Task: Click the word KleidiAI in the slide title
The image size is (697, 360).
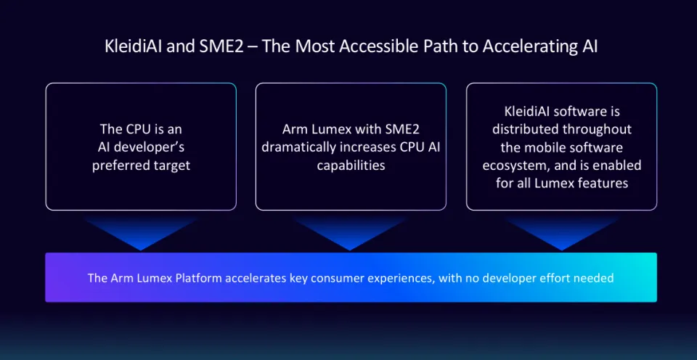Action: pyautogui.click(x=133, y=46)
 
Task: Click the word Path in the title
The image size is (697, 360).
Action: pyautogui.click(x=433, y=46)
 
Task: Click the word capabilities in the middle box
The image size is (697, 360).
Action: pyautogui.click(x=351, y=165)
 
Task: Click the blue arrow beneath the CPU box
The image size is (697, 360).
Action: pyautogui.click(x=140, y=233)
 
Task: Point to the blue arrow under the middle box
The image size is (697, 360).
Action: pyautogui.click(x=350, y=233)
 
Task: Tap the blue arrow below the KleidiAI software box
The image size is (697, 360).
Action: pyautogui.click(x=561, y=233)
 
